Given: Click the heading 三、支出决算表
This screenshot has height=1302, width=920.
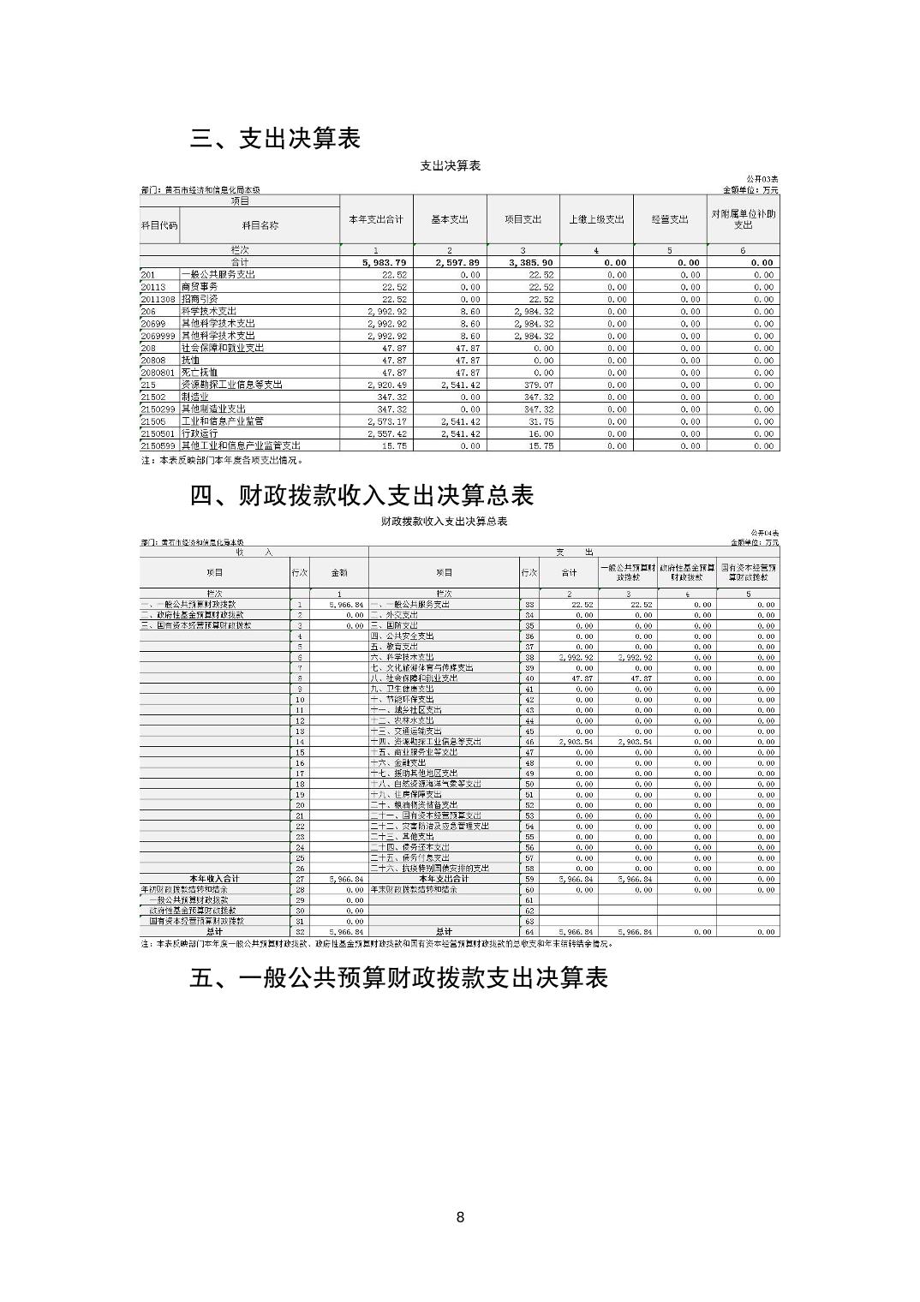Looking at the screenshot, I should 275,139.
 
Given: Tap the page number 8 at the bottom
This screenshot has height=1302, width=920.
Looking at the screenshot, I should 460,1217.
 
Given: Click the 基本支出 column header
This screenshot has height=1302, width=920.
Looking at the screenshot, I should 450,219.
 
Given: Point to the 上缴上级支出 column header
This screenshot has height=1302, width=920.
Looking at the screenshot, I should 596,219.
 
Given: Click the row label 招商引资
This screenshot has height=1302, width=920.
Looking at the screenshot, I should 199,299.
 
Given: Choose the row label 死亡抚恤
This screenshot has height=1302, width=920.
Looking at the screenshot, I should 199,373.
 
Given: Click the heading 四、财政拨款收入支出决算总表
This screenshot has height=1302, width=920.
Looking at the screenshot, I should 361,495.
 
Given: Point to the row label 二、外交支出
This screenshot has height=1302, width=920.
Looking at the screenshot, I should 395,615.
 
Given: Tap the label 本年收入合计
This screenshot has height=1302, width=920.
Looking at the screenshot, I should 214,879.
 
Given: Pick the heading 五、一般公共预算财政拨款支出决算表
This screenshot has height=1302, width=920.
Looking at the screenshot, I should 398,978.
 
